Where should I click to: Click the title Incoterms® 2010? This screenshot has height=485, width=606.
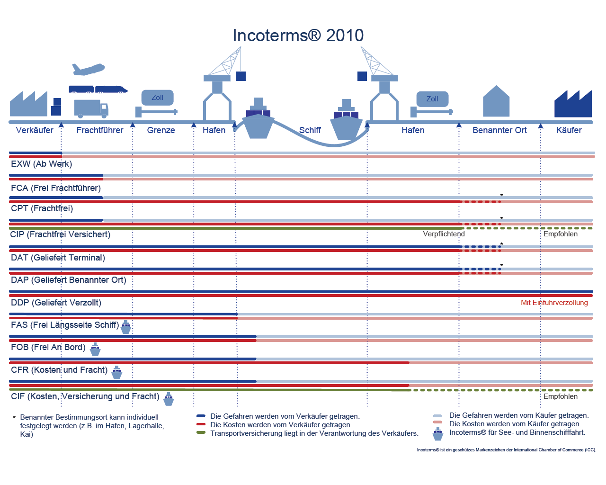click(x=298, y=36)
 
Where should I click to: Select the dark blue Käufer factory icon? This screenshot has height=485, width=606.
click(x=573, y=104)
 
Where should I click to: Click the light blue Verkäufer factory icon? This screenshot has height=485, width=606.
click(x=29, y=104)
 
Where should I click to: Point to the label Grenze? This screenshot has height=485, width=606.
click(x=161, y=130)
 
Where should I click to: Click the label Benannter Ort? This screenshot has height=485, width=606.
click(x=499, y=130)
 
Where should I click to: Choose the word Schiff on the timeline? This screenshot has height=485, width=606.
click(x=310, y=130)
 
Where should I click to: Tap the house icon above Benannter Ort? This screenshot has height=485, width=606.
click(x=496, y=101)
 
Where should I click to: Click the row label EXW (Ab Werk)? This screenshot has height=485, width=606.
click(x=42, y=164)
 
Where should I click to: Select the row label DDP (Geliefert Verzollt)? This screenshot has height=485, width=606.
click(x=56, y=303)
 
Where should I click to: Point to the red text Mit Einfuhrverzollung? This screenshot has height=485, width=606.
click(x=554, y=303)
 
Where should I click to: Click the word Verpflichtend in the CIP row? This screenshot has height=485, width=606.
click(x=444, y=234)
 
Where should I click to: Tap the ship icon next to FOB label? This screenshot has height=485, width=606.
click(x=95, y=350)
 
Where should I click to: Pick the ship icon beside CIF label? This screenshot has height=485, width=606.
click(x=169, y=399)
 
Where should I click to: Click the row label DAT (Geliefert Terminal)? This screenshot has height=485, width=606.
click(x=58, y=258)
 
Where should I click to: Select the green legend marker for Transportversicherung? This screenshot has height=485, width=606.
click(x=201, y=433)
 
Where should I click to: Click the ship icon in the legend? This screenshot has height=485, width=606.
click(x=438, y=433)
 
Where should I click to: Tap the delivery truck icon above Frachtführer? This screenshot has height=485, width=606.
click(x=91, y=109)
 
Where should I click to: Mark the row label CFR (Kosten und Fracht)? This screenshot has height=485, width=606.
click(x=59, y=370)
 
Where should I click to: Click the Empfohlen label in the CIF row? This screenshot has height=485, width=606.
click(x=560, y=396)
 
